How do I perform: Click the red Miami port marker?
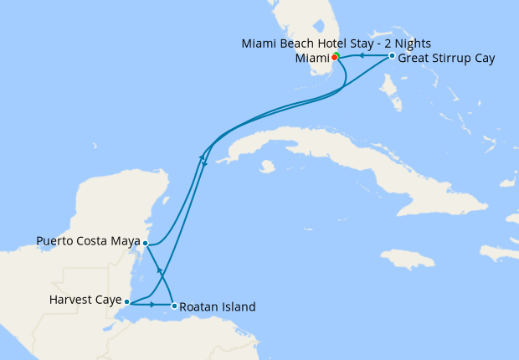click(x=335, y=58)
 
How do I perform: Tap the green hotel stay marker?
click(x=337, y=55)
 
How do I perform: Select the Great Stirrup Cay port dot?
click(x=392, y=56)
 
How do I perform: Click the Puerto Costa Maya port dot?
click(x=146, y=244)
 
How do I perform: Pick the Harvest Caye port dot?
click(x=126, y=301)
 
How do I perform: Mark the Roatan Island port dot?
click(x=173, y=306)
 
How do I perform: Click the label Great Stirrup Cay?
click(x=446, y=59)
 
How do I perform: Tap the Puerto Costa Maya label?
click(x=89, y=243)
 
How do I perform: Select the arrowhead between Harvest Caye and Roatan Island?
click(x=152, y=305)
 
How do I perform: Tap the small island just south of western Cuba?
click(x=267, y=167)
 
